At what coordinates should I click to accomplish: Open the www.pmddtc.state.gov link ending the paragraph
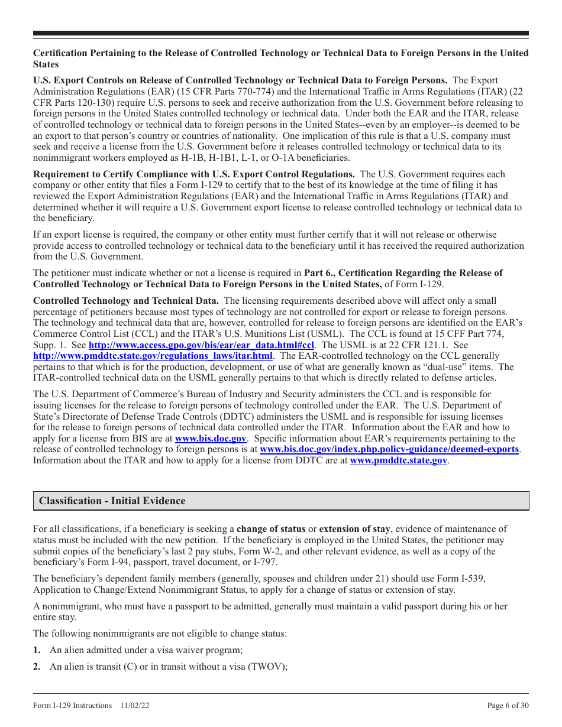(399, 460)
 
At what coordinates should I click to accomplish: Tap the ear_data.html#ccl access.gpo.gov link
(201, 345)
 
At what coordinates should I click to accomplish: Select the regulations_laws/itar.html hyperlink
(153, 356)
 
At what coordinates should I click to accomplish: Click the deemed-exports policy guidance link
(389, 450)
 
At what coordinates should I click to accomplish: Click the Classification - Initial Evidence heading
(112, 501)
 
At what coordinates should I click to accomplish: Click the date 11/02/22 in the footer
(133, 705)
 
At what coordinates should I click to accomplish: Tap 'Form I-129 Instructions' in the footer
(72, 705)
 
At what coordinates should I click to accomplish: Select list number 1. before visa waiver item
(37, 650)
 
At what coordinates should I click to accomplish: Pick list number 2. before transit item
(37, 667)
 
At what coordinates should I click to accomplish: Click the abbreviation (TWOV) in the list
(267, 667)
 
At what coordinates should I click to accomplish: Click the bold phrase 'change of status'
(271, 529)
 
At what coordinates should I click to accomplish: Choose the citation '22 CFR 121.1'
(423, 345)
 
